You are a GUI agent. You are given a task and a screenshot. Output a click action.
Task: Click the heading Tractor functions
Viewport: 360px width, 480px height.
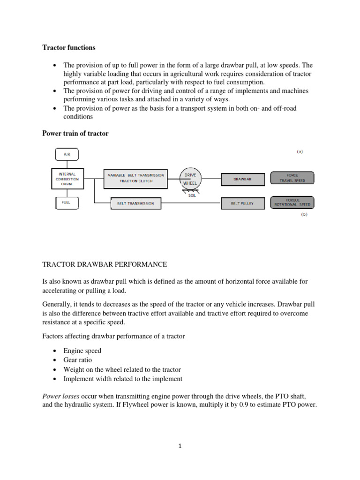coord(69,48)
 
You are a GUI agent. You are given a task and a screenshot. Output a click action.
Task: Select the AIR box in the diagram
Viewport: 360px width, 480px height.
coord(67,154)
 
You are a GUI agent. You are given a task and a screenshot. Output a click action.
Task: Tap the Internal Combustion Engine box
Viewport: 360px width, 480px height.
coord(67,179)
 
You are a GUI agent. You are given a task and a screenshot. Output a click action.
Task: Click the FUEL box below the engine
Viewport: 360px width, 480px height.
coord(67,203)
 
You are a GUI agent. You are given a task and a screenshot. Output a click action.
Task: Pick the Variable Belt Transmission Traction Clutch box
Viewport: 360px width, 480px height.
coord(135,179)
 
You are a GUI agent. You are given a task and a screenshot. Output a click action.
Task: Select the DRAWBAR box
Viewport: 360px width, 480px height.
coord(242,179)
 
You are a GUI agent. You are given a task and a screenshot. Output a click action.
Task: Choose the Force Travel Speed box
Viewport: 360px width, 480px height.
coord(292,178)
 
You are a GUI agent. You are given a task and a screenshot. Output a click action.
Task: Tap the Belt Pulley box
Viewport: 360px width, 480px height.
coord(242,203)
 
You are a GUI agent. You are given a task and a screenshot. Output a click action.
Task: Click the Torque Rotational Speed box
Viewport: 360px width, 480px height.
coord(292,202)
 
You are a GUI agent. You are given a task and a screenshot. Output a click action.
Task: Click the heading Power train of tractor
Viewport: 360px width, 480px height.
coord(75,134)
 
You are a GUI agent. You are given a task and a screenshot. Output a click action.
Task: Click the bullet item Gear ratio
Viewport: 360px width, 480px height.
coord(78,360)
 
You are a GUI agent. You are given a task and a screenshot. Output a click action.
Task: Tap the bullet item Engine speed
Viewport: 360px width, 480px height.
coord(82,351)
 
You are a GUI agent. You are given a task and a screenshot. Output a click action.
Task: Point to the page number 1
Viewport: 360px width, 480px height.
coord(180,446)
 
